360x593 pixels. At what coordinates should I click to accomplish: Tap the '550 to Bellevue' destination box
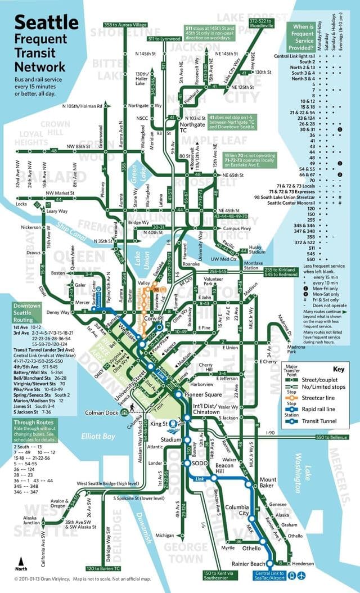tap(336, 437)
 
